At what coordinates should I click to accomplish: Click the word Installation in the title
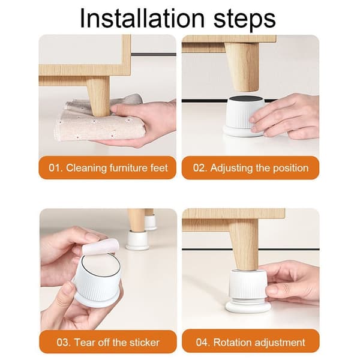tap(142, 18)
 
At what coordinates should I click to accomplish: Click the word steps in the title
tap(245, 19)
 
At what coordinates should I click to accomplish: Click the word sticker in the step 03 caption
tap(145, 343)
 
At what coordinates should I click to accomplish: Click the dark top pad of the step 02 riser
tap(246, 100)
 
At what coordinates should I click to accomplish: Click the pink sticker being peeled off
tap(101, 247)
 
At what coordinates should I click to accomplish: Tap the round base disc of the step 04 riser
tap(248, 307)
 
